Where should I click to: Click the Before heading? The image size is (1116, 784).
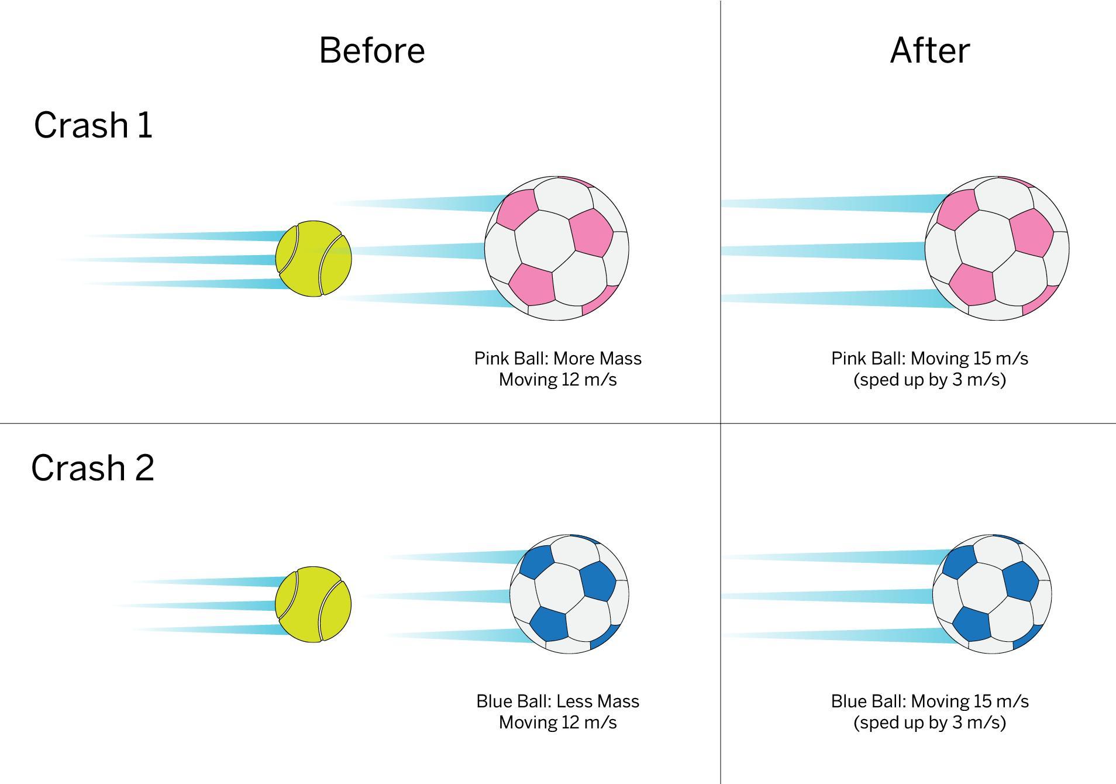(372, 50)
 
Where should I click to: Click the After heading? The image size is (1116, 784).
(929, 50)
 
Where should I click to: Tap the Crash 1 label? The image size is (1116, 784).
(93, 125)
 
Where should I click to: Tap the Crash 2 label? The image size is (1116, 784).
(92, 468)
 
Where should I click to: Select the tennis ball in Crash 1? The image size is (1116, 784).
(314, 259)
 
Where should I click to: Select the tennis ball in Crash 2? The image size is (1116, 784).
(314, 604)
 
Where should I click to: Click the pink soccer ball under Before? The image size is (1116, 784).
(556, 248)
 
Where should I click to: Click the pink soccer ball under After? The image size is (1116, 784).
(997, 248)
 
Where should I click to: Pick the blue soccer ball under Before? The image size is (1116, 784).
(569, 594)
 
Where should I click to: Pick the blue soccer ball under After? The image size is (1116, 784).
(992, 594)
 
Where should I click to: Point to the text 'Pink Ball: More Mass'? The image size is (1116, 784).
(557, 358)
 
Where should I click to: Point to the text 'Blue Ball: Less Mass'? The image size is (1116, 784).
(557, 701)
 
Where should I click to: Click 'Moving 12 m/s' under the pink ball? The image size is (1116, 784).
(557, 380)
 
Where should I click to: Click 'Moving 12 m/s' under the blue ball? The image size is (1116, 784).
(557, 723)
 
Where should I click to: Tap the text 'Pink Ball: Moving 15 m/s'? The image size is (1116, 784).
(929, 358)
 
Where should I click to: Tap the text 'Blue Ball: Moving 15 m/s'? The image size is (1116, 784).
(929, 701)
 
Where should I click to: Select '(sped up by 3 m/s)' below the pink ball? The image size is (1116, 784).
(929, 380)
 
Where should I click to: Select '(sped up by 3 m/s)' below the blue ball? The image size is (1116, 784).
(929, 723)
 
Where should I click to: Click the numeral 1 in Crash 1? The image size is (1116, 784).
(145, 125)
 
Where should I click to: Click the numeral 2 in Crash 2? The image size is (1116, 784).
(144, 469)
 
